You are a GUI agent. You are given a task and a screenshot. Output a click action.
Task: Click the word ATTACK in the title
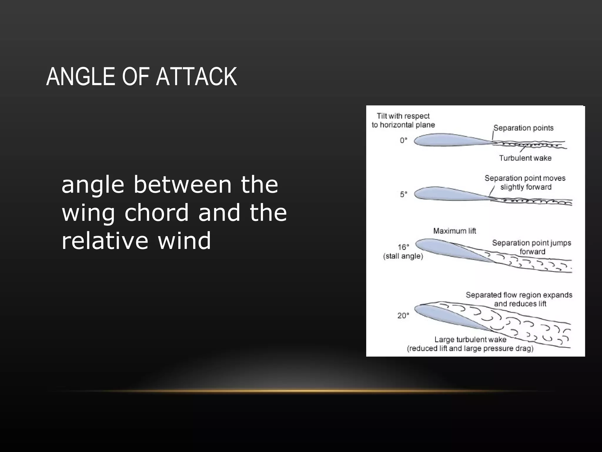coord(196,77)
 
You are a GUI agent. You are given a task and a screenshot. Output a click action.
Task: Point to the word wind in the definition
coord(184,241)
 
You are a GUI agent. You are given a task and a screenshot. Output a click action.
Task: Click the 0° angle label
coord(404,140)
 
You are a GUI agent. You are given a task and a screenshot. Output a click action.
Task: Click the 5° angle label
coord(404,194)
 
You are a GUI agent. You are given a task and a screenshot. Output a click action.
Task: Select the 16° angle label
coord(404,247)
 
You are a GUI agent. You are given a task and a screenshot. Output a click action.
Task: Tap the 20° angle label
coord(403,316)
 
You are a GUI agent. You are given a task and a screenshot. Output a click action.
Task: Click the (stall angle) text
coord(403,256)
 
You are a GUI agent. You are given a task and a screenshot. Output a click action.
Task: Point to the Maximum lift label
coord(454,231)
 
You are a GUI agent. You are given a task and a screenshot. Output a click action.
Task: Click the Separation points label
coord(523,128)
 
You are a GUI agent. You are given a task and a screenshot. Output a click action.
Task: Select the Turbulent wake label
coord(525,158)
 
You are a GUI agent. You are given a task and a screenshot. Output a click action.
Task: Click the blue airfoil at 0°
coord(447,140)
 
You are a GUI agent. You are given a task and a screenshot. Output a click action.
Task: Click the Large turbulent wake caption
coord(470,340)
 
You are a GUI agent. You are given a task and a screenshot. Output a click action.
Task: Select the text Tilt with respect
coord(403,116)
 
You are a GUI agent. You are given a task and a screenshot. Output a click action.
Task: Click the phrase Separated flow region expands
coord(519,295)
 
